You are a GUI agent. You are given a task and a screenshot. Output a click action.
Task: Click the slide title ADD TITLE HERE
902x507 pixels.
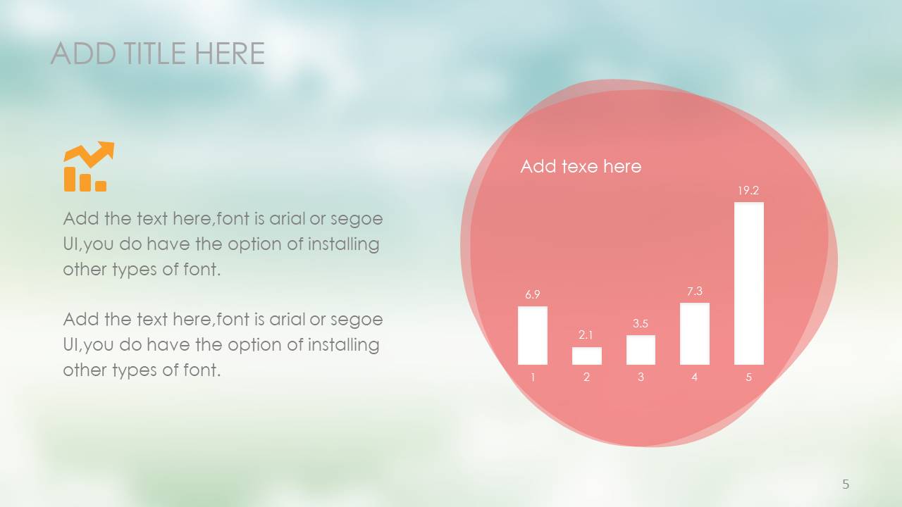[158, 53]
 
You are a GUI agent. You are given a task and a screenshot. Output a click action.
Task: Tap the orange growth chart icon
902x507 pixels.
[89, 166]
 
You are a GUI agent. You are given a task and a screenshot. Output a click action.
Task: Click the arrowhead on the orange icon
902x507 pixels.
[106, 148]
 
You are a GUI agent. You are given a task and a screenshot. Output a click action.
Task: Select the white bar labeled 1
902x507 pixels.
[532, 336]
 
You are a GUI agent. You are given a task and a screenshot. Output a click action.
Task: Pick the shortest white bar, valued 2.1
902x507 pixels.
[587, 356]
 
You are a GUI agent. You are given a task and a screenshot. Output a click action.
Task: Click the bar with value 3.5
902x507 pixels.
[641, 350]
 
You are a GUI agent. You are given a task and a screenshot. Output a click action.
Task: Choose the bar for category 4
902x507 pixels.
[695, 334]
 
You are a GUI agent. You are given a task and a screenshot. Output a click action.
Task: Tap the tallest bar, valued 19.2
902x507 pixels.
[749, 284]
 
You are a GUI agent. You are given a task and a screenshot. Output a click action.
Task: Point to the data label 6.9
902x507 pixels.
[532, 294]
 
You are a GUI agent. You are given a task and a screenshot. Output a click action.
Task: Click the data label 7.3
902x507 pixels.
[695, 291]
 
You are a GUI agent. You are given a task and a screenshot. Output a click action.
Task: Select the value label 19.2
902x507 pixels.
[748, 190]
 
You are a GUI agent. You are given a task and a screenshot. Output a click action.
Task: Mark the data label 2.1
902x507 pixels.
[586, 334]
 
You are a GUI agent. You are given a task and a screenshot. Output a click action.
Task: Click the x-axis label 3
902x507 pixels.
[641, 377]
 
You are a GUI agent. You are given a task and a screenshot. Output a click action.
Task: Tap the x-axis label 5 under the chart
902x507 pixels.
[748, 377]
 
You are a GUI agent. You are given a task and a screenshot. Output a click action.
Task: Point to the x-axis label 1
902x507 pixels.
[533, 377]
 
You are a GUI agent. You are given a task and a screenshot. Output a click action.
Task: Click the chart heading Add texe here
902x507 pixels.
[581, 166]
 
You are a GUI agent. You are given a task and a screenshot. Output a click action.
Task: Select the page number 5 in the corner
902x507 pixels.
[846, 484]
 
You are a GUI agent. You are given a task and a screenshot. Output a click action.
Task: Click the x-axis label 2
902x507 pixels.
[587, 377]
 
